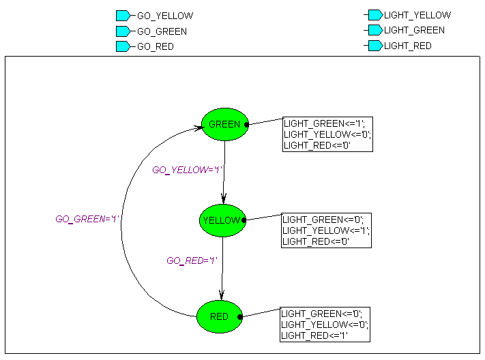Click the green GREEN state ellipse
point(224,124)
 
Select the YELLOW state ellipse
point(222,220)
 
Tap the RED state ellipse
point(219,316)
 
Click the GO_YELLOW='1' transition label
point(188,170)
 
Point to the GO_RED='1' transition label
point(192,260)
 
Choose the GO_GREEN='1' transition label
point(87,220)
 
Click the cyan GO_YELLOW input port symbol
point(123,16)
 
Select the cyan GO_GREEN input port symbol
point(123,31)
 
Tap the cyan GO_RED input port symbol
point(123,46)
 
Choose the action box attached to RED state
point(325,325)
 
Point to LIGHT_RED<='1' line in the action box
point(315,335)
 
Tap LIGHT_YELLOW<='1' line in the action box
point(326,230)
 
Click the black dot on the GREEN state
point(246,124)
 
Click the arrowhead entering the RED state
point(220,297)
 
